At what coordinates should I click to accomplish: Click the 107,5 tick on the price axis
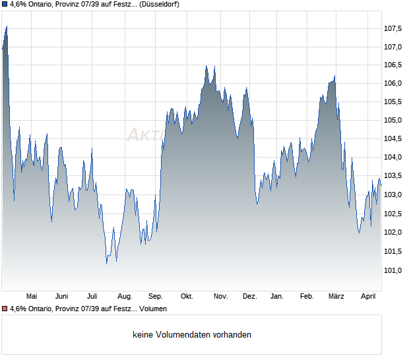[393, 28]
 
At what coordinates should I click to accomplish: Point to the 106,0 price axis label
[393, 84]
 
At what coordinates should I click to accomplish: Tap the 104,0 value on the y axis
[393, 158]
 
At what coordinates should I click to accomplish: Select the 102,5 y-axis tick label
[393, 214]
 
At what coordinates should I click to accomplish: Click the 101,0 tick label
[393, 270]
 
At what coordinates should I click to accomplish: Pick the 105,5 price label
[393, 102]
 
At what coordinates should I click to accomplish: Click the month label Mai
[31, 297]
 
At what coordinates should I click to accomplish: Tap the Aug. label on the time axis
[125, 297]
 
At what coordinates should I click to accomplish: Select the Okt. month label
[187, 297]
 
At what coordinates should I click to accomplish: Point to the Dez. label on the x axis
[249, 297]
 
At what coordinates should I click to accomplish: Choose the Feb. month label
[307, 297]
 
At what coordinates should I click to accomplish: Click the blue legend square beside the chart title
[5, 4]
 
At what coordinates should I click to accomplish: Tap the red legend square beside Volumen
[5, 309]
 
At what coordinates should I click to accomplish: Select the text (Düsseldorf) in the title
[160, 4]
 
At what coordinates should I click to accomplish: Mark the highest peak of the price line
[7, 26]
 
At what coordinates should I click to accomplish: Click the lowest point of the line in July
[107, 264]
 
